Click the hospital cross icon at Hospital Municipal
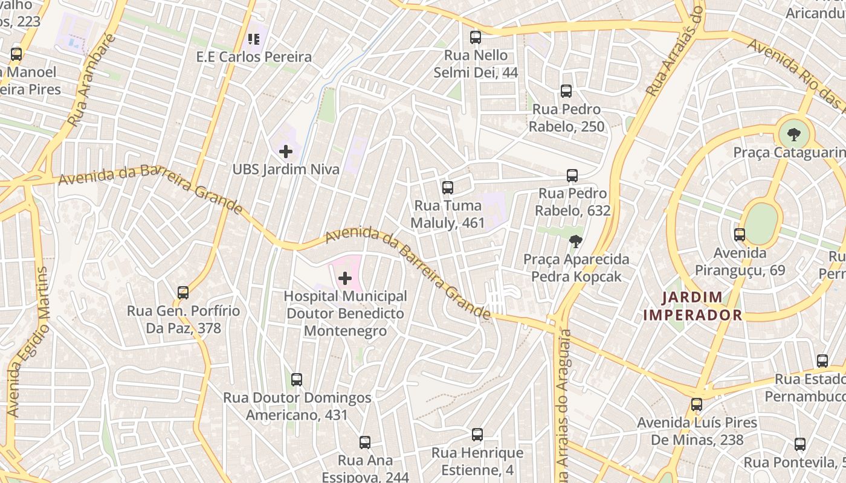tap(345, 278)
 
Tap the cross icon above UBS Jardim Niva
tap(286, 151)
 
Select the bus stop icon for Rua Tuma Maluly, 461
tap(447, 188)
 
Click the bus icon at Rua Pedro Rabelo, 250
tap(566, 91)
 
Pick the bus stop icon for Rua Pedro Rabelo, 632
tap(572, 176)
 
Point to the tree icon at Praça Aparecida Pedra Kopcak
tap(576, 241)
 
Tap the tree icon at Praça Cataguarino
tap(793, 135)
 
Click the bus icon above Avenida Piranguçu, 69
tap(739, 235)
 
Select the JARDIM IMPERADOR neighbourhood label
tap(693, 305)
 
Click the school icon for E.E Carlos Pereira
tap(254, 39)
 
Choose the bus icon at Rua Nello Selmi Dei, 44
tap(476, 37)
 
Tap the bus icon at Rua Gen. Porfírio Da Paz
tap(183, 293)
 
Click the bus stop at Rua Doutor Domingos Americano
tap(296, 380)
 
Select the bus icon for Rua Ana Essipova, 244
tap(364, 443)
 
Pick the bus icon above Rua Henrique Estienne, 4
tap(477, 435)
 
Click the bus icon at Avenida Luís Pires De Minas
tap(697, 405)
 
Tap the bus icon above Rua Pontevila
tap(799, 444)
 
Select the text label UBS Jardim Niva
tap(286, 169)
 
